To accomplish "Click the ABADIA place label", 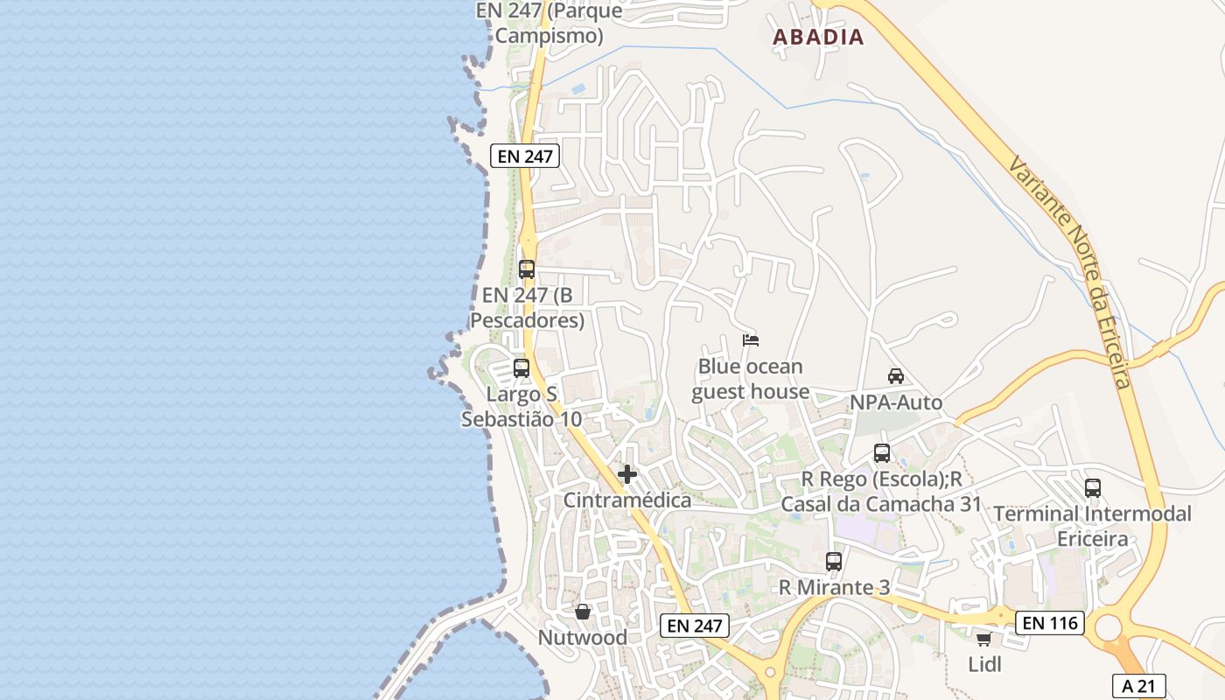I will coord(818,37).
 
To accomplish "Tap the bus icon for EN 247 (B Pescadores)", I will coord(527,269).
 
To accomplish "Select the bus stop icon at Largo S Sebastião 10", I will coord(521,368).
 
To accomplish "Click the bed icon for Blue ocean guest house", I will coord(750,340).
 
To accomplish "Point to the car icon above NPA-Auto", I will coord(896,376).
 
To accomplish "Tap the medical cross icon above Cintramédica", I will coord(627,474).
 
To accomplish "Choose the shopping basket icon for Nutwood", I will coord(583,611).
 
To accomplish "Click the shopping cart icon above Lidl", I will coord(983,640).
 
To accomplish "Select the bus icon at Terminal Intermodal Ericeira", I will coord(1093,488).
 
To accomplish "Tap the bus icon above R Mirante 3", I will coord(834,562).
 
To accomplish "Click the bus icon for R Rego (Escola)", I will coord(882,453).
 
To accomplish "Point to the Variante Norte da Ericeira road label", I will coord(1070,273).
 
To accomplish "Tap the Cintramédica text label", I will coord(627,500).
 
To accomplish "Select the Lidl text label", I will coord(984,665).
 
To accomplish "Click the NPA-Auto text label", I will coord(896,402).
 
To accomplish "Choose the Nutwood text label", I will coord(583,638).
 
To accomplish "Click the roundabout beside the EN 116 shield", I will coord(1109,627).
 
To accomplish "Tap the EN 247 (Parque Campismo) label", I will coord(549,24).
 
